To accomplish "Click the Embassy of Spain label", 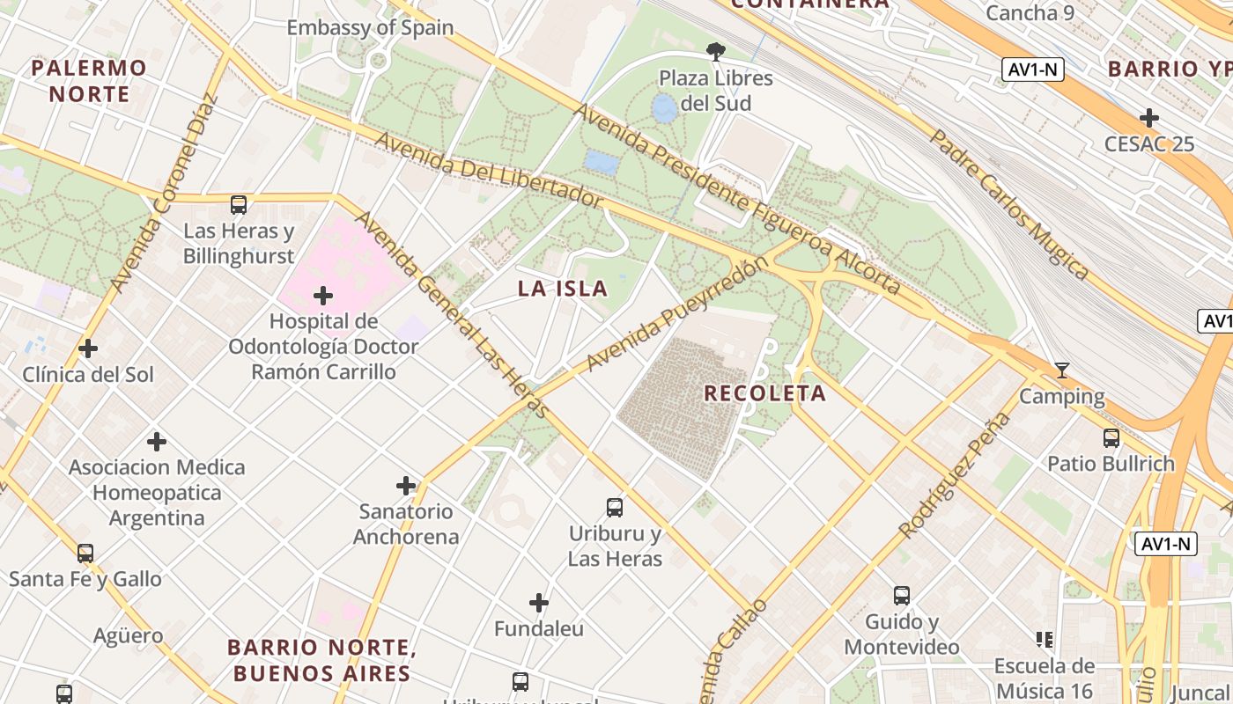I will pyautogui.click(x=370, y=27).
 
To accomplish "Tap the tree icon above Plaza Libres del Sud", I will pyautogui.click(x=716, y=52).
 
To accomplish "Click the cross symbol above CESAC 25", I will pyautogui.click(x=1149, y=118).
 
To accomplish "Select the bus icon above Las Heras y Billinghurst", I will pyautogui.click(x=239, y=205).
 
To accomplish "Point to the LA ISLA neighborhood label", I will pyautogui.click(x=563, y=288).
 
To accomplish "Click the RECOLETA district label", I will pyautogui.click(x=764, y=393).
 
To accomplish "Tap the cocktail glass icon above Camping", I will pyautogui.click(x=1062, y=370).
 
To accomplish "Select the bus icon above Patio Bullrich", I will pyautogui.click(x=1111, y=437).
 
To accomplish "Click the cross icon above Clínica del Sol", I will pyautogui.click(x=88, y=348).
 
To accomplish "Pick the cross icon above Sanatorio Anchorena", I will pyautogui.click(x=406, y=485).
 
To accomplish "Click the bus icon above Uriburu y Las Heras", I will pyautogui.click(x=615, y=507).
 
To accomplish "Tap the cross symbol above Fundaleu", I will pyautogui.click(x=539, y=603).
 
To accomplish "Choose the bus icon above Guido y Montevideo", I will pyautogui.click(x=902, y=595).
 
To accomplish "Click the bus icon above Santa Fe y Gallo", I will pyautogui.click(x=85, y=553).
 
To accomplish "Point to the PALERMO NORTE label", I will pyautogui.click(x=89, y=81).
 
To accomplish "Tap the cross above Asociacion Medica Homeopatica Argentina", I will pyautogui.click(x=157, y=441).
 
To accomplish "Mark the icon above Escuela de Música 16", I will pyautogui.click(x=1045, y=639).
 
